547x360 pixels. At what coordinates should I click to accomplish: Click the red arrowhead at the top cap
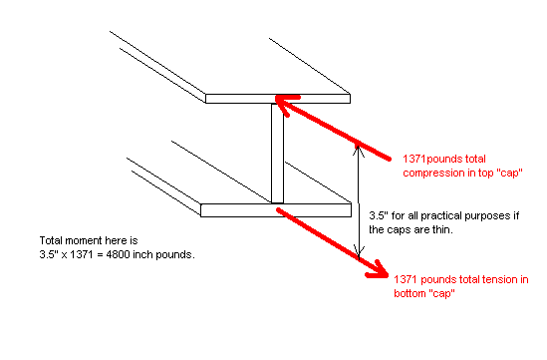click(x=285, y=103)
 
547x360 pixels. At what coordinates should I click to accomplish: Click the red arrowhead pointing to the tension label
click(x=379, y=270)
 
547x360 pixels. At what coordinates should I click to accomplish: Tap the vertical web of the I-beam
click(x=277, y=153)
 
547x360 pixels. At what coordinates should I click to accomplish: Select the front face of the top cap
click(x=278, y=99)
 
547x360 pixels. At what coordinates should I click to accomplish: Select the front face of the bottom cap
click(x=276, y=210)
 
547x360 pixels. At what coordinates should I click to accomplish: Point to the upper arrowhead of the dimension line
click(x=358, y=151)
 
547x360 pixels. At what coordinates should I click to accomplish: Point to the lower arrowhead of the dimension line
click(x=359, y=251)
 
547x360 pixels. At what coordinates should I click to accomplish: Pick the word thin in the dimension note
click(x=443, y=229)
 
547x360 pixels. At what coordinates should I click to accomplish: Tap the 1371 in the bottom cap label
click(x=406, y=279)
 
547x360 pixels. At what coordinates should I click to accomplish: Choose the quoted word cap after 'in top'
click(x=509, y=174)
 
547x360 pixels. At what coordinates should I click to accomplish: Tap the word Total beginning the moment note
click(x=51, y=240)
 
